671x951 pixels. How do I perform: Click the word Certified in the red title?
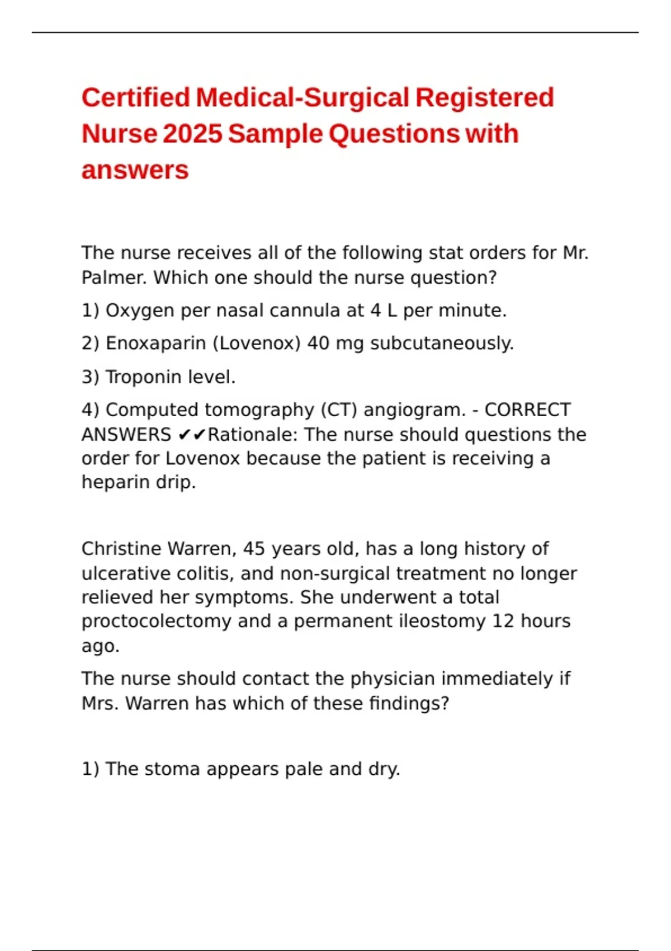pos(136,97)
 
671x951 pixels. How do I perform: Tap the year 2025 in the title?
pos(192,134)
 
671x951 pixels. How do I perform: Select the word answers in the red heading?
pos(135,170)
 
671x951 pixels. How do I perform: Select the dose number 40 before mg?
pos(318,343)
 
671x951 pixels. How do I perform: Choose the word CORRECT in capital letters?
pos(527,410)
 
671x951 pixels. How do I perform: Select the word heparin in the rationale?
pos(116,482)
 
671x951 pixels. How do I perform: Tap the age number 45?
pos(254,549)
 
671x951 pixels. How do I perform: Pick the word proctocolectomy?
pos(156,622)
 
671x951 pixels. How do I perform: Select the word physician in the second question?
pos(392,679)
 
